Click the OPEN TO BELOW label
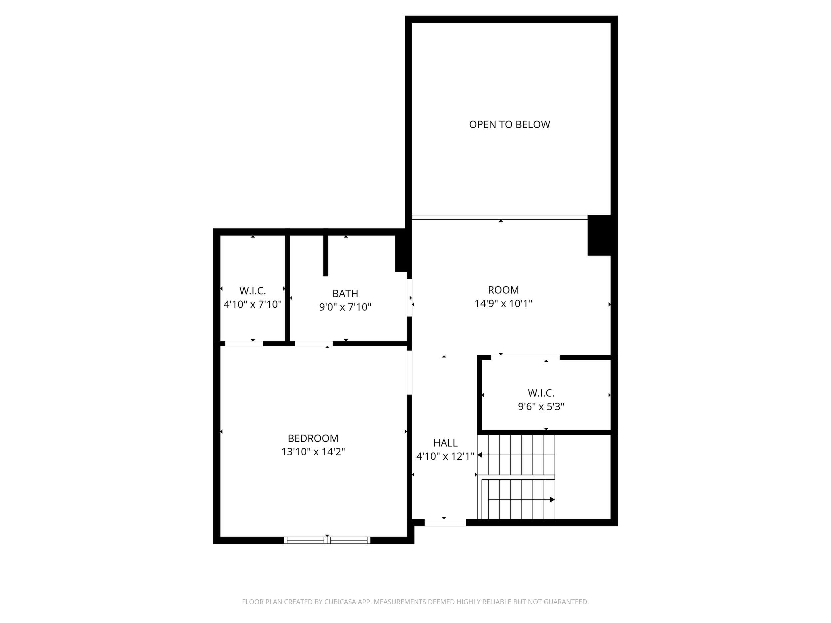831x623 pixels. (509, 125)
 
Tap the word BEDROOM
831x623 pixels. (313, 438)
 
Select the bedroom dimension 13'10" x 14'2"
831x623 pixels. (313, 452)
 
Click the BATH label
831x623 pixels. (345, 293)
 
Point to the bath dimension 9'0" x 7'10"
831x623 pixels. (345, 307)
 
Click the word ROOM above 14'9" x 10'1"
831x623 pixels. (503, 290)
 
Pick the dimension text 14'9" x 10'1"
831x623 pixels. (503, 304)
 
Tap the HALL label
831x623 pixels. (445, 443)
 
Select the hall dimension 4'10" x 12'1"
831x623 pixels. (445, 456)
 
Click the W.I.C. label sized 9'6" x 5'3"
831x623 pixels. (541, 393)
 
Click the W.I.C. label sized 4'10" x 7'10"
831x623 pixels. (252, 291)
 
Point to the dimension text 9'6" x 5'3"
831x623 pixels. (541, 407)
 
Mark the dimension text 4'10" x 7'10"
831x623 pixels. (252, 304)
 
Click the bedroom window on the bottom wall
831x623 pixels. (327, 540)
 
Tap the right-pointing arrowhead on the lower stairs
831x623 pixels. (552, 500)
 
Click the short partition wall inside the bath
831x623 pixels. (326, 255)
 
